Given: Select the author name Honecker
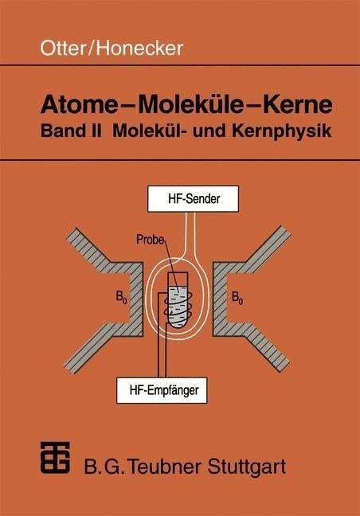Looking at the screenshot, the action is point(139,48).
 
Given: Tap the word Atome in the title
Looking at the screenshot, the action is point(79,104).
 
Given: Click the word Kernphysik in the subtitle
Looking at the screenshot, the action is point(282,131).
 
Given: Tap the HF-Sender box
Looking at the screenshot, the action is point(193,199).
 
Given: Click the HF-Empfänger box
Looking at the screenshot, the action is point(162,390).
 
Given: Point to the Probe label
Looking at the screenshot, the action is point(150,239).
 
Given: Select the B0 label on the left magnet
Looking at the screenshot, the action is point(121,297).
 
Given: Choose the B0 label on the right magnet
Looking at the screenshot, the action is point(237,297).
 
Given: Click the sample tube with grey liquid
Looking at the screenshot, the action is point(178,299).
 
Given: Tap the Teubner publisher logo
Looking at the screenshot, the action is point(55,457).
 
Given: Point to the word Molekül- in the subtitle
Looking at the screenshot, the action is point(148,131).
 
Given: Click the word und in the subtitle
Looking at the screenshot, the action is point(207,131).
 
